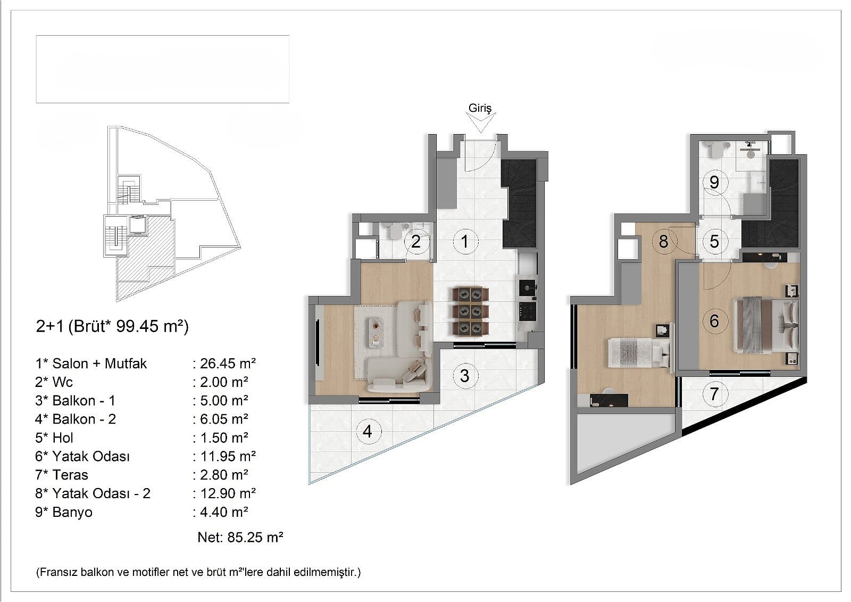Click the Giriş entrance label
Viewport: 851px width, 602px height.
pos(480,109)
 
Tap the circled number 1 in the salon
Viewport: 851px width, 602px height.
pos(464,241)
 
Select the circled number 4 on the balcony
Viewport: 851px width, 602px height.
pos(367,431)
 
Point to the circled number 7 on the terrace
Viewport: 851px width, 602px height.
pos(714,393)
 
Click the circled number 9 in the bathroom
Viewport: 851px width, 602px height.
pos(714,182)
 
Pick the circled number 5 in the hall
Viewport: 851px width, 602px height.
pos(714,241)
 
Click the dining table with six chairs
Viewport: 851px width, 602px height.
pos(470,311)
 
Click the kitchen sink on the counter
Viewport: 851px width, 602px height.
pos(527,288)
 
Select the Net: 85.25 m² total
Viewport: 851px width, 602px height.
pos(240,537)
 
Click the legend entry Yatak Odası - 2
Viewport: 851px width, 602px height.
pos(101,493)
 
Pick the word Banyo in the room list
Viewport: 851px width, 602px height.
pos(72,512)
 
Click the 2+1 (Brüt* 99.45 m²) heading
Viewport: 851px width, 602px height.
pos(112,326)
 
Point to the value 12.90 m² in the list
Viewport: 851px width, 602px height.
pos(228,493)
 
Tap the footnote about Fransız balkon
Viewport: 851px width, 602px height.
pos(198,572)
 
